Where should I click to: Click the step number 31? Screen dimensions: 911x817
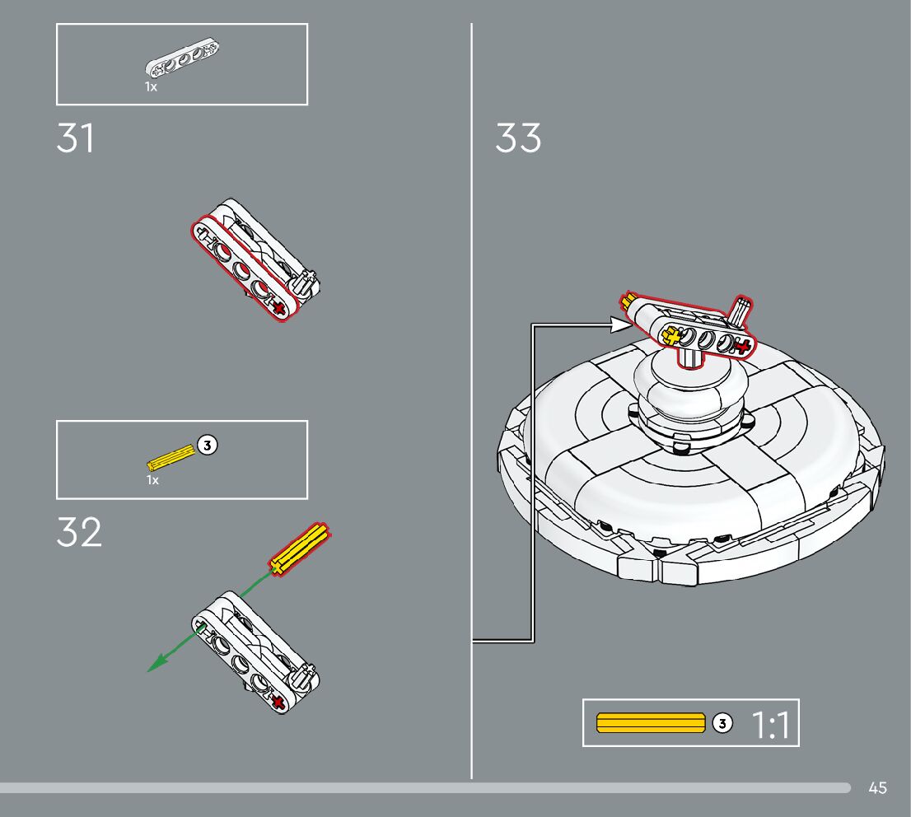tap(75, 138)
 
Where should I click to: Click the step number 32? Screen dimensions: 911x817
tap(79, 534)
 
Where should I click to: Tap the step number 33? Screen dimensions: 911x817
tap(518, 138)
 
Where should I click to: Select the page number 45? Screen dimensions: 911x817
tap(877, 788)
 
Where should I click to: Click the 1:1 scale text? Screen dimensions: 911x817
tap(770, 725)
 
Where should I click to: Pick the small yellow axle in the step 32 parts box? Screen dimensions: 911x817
tap(171, 455)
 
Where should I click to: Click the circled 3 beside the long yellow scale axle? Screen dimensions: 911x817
tap(722, 723)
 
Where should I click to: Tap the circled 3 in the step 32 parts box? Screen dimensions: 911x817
tap(208, 446)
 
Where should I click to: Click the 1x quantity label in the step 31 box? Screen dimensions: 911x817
tap(151, 86)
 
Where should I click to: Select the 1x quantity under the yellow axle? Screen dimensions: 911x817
tap(152, 479)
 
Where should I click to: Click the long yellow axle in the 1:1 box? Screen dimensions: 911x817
tap(651, 723)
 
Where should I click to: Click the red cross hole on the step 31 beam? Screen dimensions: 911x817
tap(279, 308)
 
